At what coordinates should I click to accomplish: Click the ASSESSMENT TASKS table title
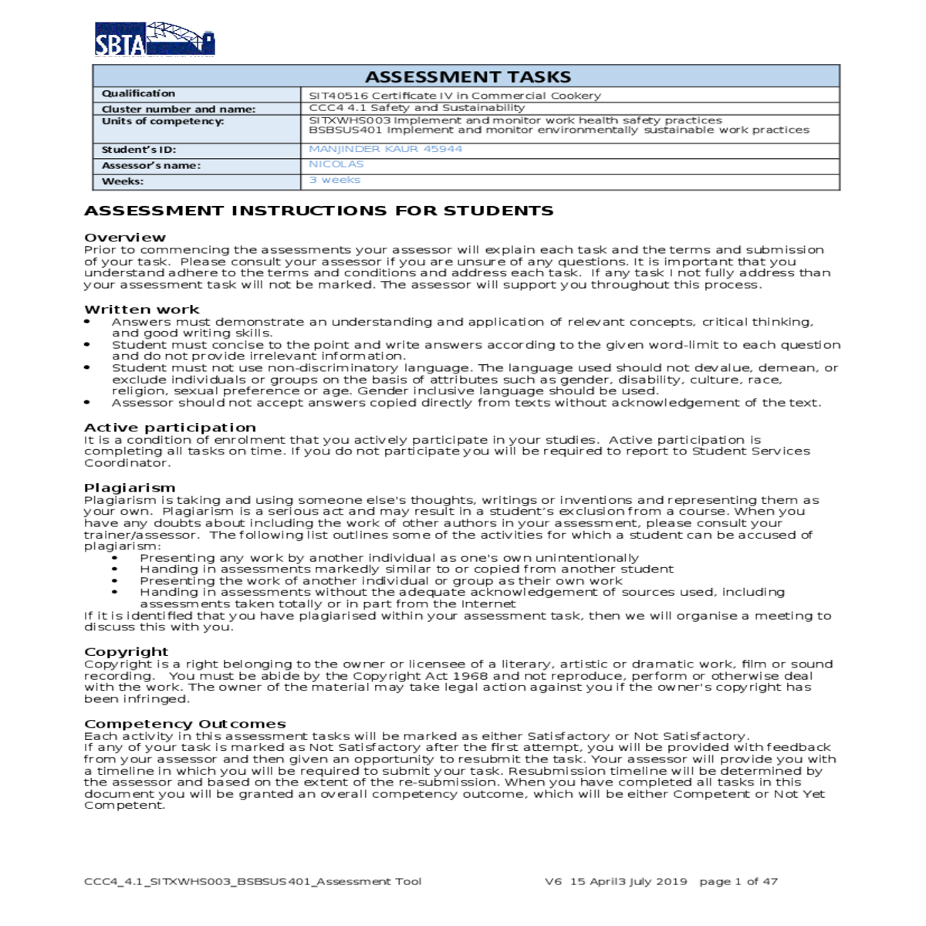[x=468, y=77]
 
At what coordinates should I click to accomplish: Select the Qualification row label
[x=139, y=93]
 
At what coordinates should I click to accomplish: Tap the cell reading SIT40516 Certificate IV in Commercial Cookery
[x=455, y=96]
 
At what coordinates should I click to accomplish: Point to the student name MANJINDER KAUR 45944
[x=385, y=149]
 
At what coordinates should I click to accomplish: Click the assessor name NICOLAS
[x=336, y=164]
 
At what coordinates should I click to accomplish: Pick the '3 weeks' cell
[x=335, y=180]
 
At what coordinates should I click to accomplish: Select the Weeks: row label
[x=123, y=181]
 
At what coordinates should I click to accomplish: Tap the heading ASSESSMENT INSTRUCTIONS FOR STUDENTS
[x=319, y=211]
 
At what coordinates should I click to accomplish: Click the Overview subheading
[x=125, y=238]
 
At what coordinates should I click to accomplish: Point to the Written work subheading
[x=142, y=309]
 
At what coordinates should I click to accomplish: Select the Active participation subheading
[x=170, y=428]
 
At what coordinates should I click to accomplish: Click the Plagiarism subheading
[x=130, y=488]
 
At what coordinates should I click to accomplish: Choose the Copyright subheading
[x=126, y=652]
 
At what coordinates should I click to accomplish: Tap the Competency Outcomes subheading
[x=185, y=724]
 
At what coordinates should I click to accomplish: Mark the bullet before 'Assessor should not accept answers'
[x=88, y=403]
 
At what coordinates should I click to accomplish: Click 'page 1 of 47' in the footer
[x=738, y=881]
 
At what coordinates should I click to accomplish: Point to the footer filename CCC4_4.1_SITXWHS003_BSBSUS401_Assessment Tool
[x=253, y=881]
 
